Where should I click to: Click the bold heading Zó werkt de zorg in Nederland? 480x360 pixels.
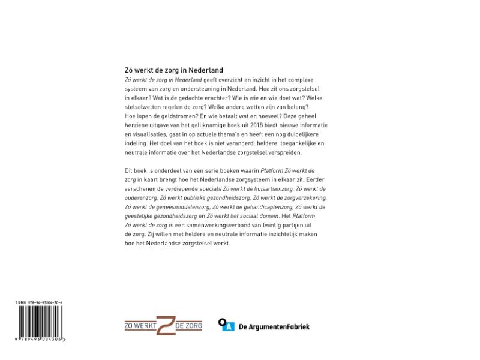(x=173, y=70)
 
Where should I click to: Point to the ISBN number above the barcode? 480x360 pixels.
(x=40, y=303)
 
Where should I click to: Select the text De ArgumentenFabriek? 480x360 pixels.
(x=274, y=327)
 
